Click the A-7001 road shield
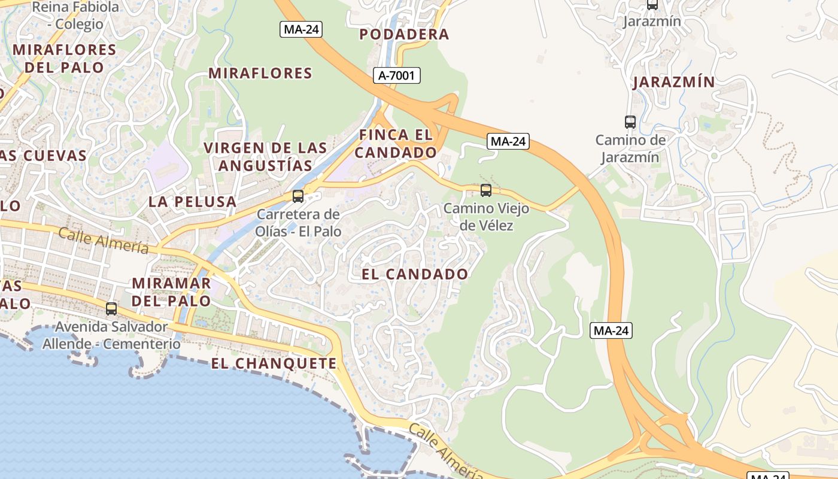396,75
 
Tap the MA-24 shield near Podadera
301,29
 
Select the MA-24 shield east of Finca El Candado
508,141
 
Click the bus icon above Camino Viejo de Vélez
486,190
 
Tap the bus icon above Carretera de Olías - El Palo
297,196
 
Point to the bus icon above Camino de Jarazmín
630,122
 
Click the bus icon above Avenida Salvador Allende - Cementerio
111,309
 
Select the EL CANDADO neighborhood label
415,274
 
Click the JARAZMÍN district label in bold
674,83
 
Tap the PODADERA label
404,35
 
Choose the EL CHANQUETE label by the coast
274,363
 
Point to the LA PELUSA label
192,202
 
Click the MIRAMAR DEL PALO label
171,292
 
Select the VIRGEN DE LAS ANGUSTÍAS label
266,156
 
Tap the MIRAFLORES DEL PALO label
64,58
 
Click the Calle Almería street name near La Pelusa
103,239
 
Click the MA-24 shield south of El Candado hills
611,331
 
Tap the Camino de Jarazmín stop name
630,148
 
